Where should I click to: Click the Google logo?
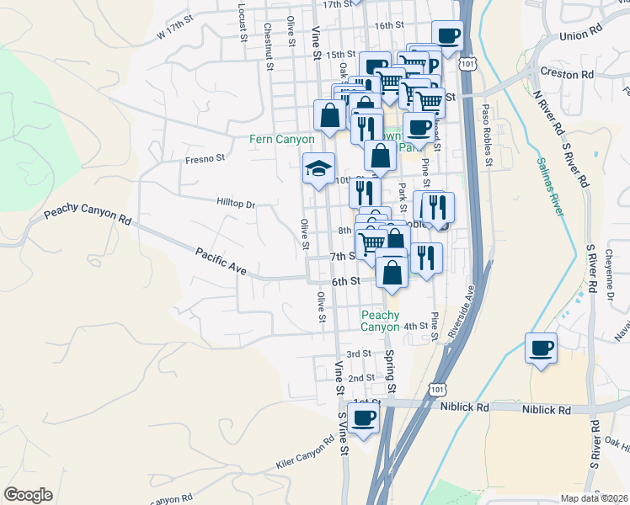pos(28,495)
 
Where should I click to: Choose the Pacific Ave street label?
pos(221,261)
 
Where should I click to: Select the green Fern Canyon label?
pos(281,139)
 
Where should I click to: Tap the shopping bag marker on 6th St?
pos(392,271)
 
